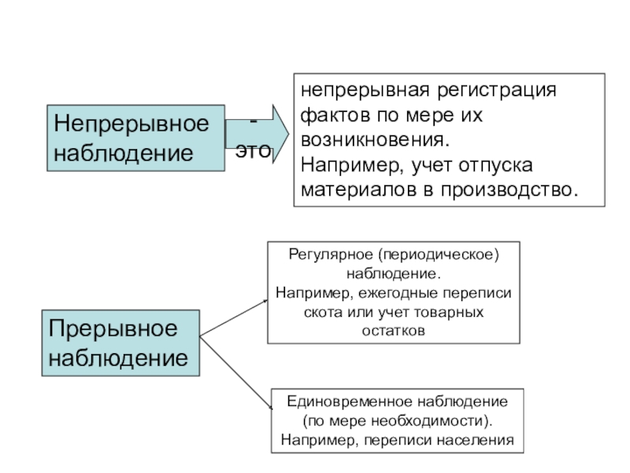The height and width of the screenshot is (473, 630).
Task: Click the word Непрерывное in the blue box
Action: click(x=132, y=124)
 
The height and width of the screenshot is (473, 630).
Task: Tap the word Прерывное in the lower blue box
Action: click(x=113, y=329)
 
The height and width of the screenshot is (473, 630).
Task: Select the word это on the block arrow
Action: click(x=253, y=151)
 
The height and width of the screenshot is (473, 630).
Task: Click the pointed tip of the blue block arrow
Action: click(x=288, y=134)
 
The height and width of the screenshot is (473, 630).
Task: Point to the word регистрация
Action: click(x=497, y=90)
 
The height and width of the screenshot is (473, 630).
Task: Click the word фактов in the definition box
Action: click(x=335, y=115)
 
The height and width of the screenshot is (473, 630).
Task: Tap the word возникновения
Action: click(x=375, y=140)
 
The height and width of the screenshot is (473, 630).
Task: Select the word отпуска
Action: click(x=495, y=166)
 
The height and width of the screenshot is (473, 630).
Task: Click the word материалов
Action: click(x=358, y=190)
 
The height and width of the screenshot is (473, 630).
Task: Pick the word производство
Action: click(x=509, y=190)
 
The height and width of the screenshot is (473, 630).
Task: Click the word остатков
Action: click(x=393, y=331)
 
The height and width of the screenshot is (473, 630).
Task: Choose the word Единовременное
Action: click(x=350, y=402)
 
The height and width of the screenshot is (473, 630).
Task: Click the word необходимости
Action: click(x=428, y=421)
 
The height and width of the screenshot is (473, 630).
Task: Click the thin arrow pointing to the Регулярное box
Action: click(x=233, y=318)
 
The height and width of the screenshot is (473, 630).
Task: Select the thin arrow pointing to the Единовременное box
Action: click(x=235, y=373)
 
